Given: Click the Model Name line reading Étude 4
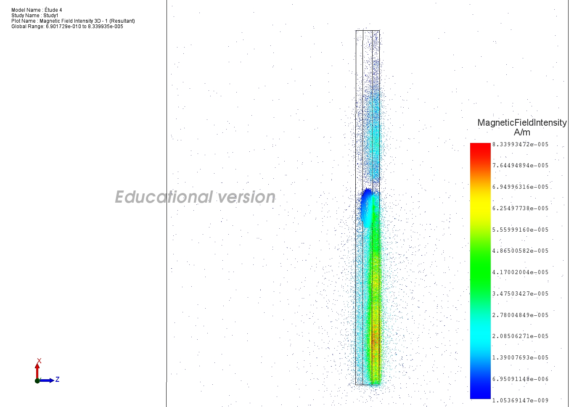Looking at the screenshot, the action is [x=37, y=10].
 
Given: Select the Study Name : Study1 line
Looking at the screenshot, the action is [x=35, y=16].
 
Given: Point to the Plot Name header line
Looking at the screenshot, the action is [x=73, y=21].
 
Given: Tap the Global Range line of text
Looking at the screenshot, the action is [x=67, y=26].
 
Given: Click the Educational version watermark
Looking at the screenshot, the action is [x=195, y=197].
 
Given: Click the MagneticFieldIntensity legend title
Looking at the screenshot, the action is [x=522, y=123].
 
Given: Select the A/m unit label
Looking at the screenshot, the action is [x=522, y=132].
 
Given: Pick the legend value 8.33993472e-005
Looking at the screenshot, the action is [x=521, y=145].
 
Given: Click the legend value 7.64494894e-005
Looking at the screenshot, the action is [x=521, y=166].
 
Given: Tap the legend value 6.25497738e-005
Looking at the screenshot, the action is [x=521, y=208].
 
